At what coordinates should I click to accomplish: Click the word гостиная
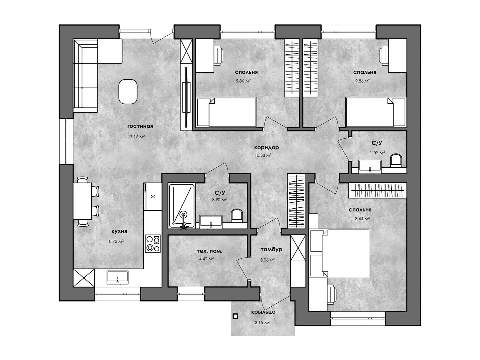pos(140,126)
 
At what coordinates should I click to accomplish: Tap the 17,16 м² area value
pos(136,137)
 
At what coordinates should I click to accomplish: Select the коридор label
pos(266,148)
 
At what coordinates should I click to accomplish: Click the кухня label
pos(119,231)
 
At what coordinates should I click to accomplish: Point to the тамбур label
pos(271,249)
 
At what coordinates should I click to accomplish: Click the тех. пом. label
pos(209,251)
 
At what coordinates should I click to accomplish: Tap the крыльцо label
pos(263,312)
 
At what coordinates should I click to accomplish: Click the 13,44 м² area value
pos(361,218)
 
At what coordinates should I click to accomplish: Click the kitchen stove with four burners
pos(153,243)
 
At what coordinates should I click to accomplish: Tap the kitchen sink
pos(118,277)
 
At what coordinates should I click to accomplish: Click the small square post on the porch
pos(235,316)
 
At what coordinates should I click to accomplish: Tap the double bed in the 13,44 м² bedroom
pos(340,253)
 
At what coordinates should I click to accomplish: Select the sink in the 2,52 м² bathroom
pos(370,167)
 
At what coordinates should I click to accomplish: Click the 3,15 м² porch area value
pos(262,323)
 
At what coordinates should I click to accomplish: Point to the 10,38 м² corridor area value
pos(263,156)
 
